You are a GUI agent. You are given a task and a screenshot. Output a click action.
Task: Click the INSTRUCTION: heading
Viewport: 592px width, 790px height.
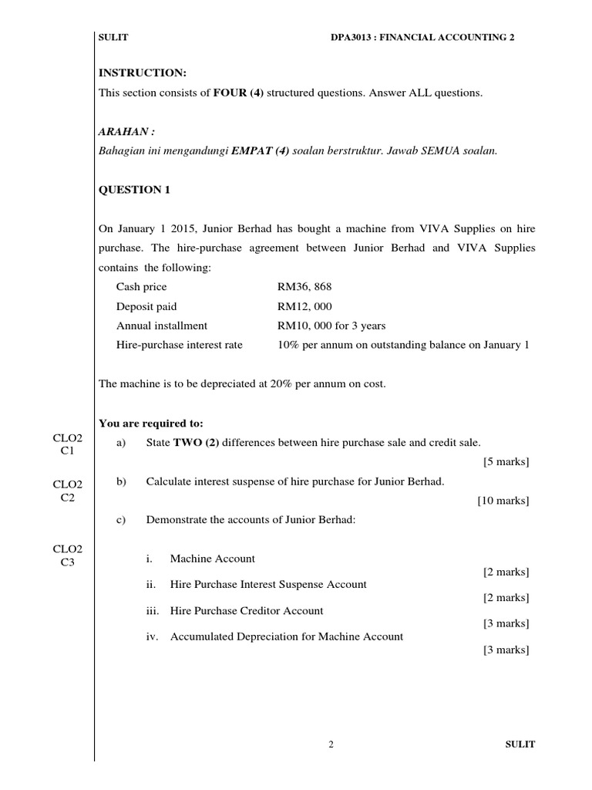pos(143,73)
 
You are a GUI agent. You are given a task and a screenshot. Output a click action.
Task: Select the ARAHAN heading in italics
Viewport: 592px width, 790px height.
pos(122,131)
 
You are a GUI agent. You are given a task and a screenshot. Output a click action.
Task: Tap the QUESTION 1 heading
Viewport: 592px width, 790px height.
pos(134,190)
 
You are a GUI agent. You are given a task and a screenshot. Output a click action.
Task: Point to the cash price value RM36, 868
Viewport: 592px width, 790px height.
pos(304,286)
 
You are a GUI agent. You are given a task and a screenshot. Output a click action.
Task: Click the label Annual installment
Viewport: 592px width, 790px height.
pos(162,326)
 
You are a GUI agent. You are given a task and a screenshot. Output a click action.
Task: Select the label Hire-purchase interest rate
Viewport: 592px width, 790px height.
pos(180,345)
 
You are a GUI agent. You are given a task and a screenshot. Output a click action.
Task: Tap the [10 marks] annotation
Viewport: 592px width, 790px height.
pos(503,501)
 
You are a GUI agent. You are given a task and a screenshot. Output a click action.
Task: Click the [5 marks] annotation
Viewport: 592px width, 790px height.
pos(506,462)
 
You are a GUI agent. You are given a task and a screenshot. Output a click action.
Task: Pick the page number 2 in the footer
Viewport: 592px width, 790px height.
pos(331,744)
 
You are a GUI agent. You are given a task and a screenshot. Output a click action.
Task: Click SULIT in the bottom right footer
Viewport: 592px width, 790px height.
pos(520,744)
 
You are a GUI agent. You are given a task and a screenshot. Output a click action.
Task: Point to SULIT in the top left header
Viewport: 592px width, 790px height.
pos(112,36)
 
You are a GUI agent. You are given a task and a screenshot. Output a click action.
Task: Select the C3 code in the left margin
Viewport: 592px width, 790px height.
pos(68,562)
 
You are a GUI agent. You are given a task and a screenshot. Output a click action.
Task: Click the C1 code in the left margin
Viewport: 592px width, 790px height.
pos(68,451)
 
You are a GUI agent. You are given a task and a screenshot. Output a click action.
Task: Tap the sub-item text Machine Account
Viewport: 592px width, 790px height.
pos(212,559)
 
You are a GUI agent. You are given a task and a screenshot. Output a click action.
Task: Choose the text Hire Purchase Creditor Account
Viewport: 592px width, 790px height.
pos(247,610)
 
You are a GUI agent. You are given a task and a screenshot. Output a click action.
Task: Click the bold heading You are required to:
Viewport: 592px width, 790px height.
pos(151,423)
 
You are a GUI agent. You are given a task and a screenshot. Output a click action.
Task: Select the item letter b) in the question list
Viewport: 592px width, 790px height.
pos(120,481)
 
